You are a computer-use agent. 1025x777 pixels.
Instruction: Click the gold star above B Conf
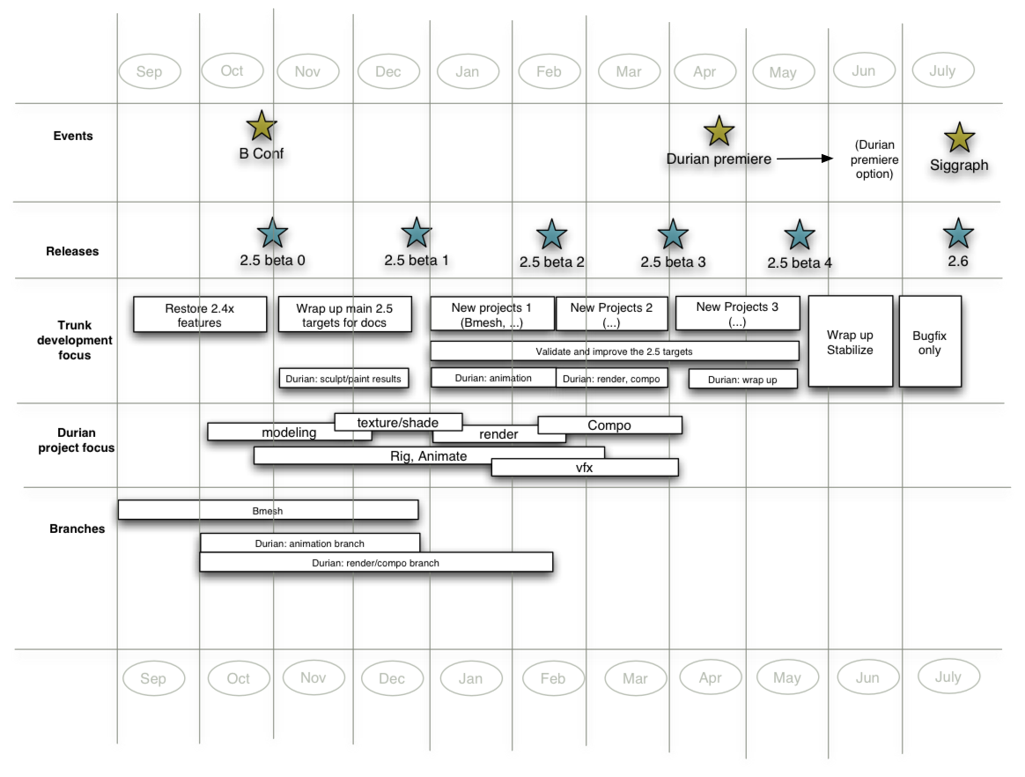[x=262, y=126]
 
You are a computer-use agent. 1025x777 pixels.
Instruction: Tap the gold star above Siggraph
[x=959, y=138]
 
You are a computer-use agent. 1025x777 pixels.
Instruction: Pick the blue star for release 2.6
[x=958, y=233]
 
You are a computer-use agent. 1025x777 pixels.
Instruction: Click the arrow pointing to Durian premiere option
[x=804, y=159]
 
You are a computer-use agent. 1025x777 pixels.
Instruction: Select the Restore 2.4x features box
[x=200, y=314]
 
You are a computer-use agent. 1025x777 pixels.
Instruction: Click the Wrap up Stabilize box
[x=850, y=341]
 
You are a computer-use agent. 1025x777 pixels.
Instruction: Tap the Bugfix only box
[x=929, y=341]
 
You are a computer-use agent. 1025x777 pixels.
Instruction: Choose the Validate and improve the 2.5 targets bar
[x=614, y=351]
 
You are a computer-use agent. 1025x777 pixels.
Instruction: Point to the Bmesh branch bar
[x=268, y=510]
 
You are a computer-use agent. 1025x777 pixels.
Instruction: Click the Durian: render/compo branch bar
[x=376, y=562]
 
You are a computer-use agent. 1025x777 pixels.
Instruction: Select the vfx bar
[x=585, y=468]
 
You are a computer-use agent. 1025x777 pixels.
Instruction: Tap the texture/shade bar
[x=398, y=422]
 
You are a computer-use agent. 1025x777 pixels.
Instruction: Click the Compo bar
[x=609, y=425]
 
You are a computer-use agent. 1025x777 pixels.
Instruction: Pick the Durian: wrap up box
[x=742, y=379]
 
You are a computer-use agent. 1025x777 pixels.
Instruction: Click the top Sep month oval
[x=150, y=71]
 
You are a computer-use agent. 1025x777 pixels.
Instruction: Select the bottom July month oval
[x=948, y=677]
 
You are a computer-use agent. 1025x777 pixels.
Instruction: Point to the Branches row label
[x=77, y=529]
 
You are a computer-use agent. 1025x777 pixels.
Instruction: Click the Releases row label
[x=72, y=251]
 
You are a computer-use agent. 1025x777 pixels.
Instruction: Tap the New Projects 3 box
[x=737, y=314]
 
